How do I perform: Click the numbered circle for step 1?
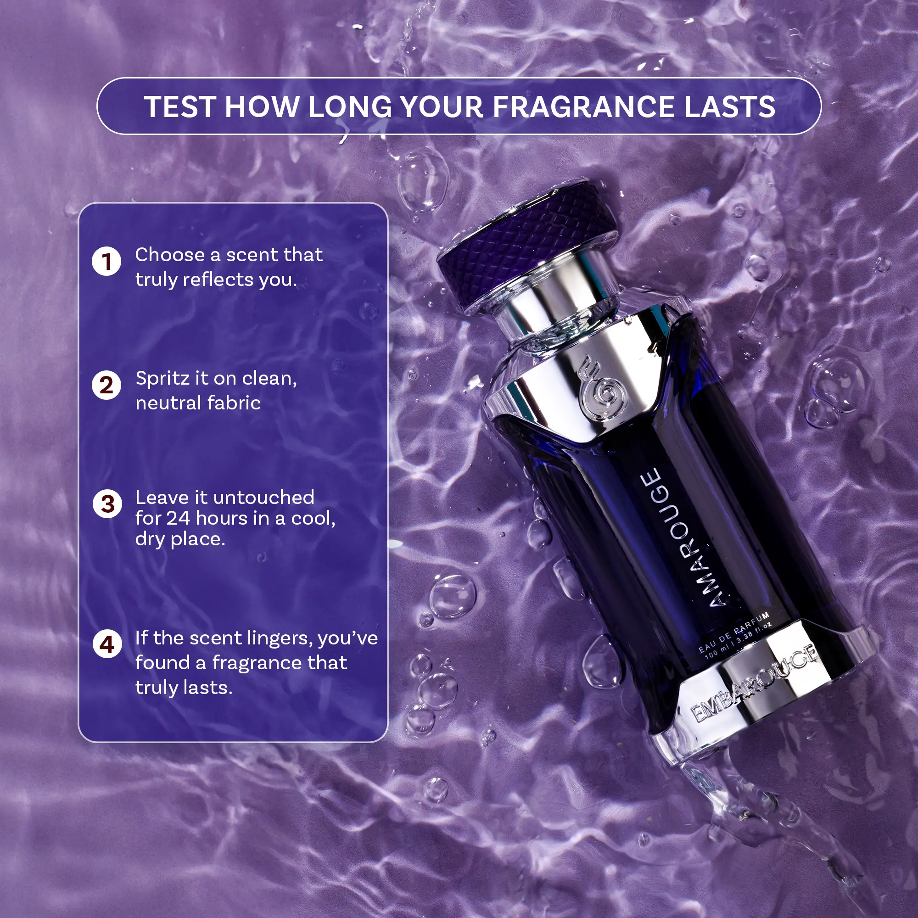tap(106, 261)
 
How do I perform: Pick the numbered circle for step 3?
tap(107, 504)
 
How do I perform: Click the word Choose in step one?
tap(170, 255)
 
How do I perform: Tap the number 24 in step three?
tap(178, 518)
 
